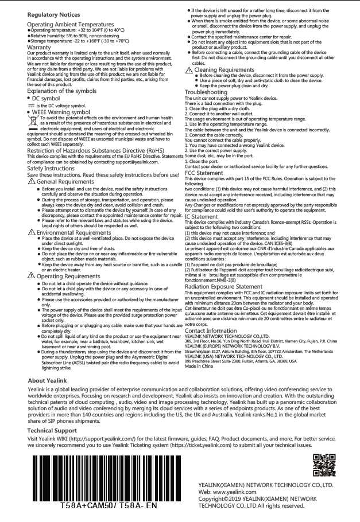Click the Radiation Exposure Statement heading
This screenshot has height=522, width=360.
coord(223,286)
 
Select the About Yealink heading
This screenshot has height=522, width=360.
coord(48,380)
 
